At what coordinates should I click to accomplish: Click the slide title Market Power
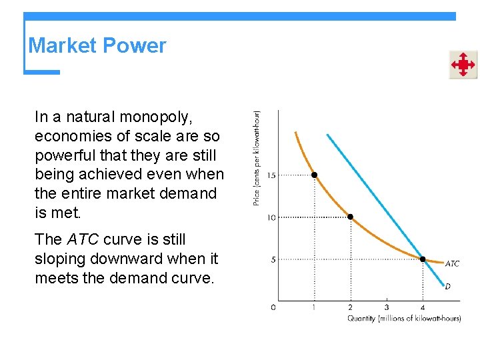97,46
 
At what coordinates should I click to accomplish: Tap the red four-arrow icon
463,65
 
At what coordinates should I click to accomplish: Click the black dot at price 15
314,175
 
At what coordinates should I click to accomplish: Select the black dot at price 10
350,217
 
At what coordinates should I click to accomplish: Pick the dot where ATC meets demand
423,259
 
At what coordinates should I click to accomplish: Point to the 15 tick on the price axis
271,175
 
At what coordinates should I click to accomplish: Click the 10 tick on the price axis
271,217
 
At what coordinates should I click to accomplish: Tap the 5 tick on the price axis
273,259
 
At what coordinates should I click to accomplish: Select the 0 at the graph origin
273,307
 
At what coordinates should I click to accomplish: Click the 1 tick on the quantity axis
314,307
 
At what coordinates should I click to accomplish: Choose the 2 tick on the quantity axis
350,307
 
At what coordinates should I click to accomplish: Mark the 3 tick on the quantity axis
387,307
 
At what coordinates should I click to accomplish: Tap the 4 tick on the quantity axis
423,307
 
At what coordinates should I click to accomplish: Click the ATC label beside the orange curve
451,264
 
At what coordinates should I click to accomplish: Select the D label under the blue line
447,286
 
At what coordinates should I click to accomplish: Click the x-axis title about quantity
404,319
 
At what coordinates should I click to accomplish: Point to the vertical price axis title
257,158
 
